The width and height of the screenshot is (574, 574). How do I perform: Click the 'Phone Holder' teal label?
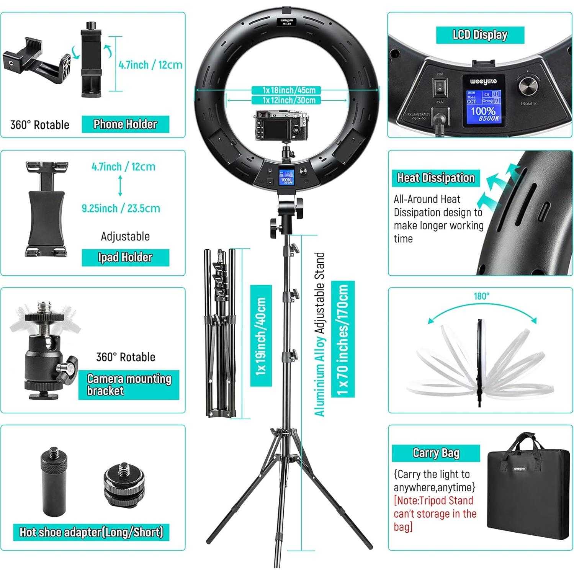coord(125,124)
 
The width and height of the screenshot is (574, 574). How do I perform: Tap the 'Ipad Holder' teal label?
coord(125,257)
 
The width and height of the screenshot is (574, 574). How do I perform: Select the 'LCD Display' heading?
coord(480,35)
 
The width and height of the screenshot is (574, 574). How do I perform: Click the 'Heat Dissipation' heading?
coord(436,178)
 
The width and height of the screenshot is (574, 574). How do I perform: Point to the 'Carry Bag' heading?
coord(436,453)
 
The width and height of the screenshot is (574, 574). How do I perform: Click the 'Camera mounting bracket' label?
coord(129,384)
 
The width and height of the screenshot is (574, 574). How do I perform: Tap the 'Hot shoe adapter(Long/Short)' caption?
coord(91,532)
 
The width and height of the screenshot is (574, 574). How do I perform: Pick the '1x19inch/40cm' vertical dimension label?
coord(261,335)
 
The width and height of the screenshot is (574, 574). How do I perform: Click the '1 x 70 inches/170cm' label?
coord(343,339)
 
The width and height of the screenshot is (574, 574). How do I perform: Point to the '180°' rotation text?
coord(481,296)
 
